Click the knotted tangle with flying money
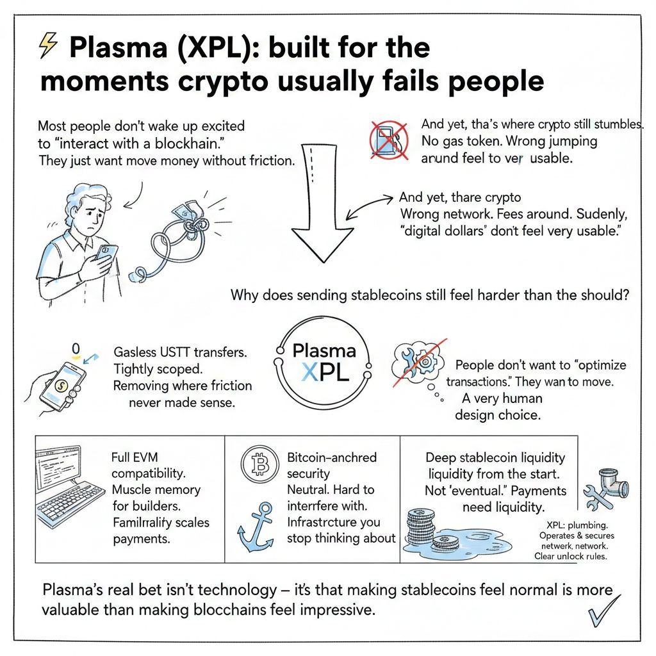pos(179,234)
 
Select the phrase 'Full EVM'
pos(134,458)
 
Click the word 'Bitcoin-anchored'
pos(332,458)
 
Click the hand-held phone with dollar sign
pos(65,385)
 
